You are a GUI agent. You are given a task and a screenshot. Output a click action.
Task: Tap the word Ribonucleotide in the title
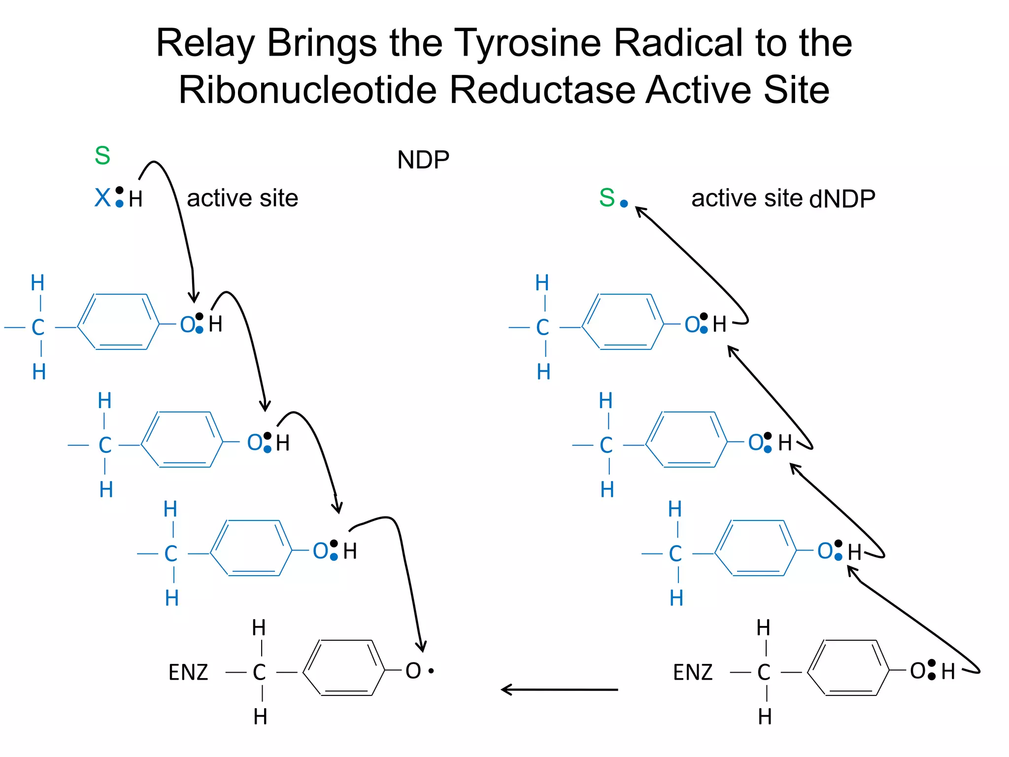(307, 90)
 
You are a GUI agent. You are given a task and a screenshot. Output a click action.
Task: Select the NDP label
(423, 160)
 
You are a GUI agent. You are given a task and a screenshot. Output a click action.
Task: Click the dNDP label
(842, 199)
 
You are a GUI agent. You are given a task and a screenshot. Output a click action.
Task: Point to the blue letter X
(102, 198)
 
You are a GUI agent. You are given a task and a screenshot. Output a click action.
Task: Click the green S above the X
(102, 156)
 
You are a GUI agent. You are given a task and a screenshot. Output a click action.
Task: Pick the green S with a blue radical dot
(607, 198)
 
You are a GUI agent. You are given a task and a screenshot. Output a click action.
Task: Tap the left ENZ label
(188, 672)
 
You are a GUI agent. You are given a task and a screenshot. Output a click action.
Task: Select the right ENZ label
(693, 672)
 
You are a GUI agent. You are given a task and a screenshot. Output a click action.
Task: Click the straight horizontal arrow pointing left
(559, 689)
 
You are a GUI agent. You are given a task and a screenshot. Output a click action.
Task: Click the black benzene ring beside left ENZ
(344, 668)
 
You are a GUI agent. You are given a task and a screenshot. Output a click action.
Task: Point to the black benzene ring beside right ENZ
(848, 668)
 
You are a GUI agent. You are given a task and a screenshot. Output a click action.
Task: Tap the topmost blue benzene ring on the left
(119, 322)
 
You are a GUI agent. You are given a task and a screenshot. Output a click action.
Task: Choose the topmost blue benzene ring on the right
(623, 322)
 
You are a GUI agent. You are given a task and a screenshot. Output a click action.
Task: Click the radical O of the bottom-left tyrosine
(413, 671)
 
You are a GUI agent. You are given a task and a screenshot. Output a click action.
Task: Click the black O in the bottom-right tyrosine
(918, 671)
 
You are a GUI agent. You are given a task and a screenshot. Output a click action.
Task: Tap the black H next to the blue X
(135, 200)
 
